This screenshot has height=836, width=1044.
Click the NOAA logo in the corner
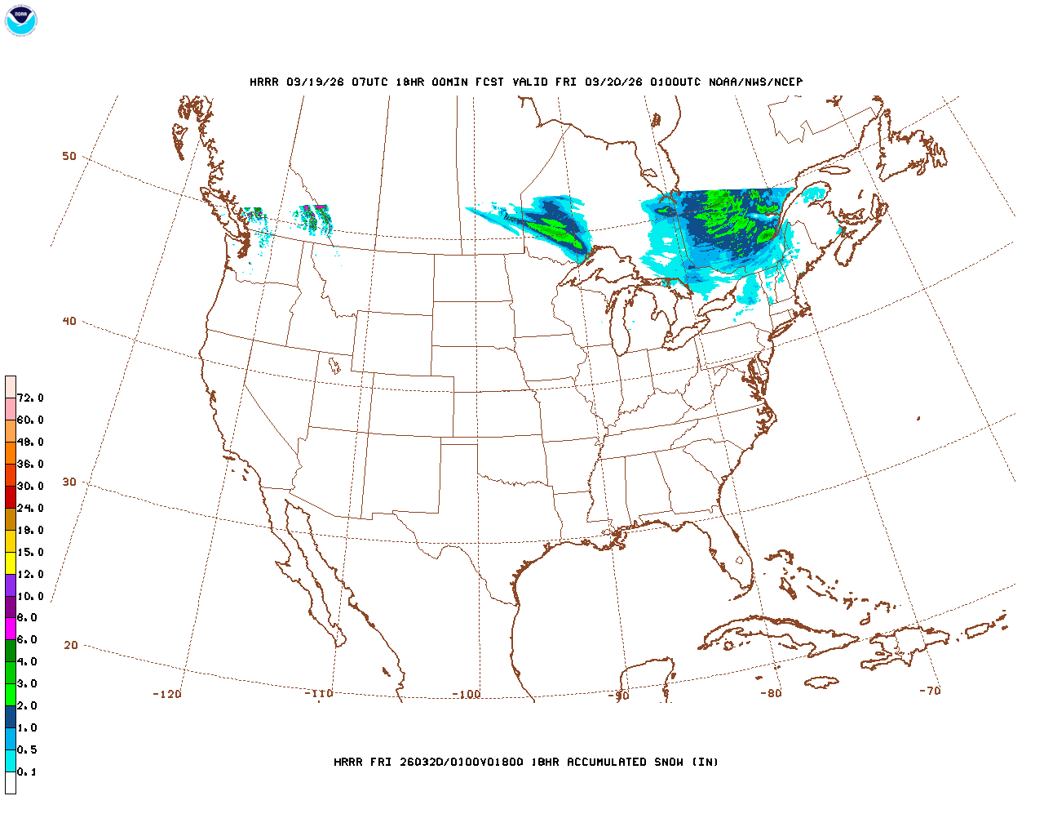pyautogui.click(x=20, y=20)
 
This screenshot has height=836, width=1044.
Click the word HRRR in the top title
pyautogui.click(x=264, y=82)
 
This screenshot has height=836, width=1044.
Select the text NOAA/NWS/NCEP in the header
pyautogui.click(x=755, y=82)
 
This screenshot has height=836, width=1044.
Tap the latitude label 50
pyautogui.click(x=69, y=156)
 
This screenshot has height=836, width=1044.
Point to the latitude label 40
pyautogui.click(x=69, y=321)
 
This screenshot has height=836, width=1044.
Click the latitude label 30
pyautogui.click(x=69, y=482)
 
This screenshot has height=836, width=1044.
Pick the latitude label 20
pyautogui.click(x=71, y=645)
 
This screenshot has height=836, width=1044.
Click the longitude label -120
pyautogui.click(x=167, y=694)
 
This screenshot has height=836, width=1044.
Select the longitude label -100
pyautogui.click(x=467, y=695)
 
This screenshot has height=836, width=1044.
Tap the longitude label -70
pyautogui.click(x=930, y=691)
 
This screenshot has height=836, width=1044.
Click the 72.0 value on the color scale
pyautogui.click(x=30, y=398)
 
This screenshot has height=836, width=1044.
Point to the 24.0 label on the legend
pyautogui.click(x=30, y=509)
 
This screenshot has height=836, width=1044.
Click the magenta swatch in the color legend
pyautogui.click(x=11, y=629)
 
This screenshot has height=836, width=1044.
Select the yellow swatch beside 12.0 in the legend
pyautogui.click(x=11, y=563)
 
